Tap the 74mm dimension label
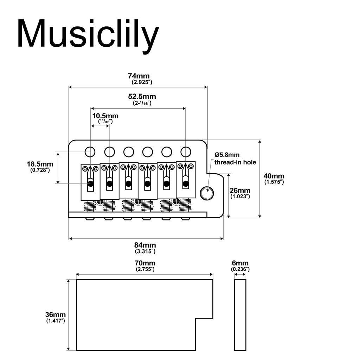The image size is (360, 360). tap(139, 76)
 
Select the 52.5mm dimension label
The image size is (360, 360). tap(142, 96)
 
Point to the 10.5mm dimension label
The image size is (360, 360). tap(105, 116)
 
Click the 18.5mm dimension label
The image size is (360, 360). tap(40, 164)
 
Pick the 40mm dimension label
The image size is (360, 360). tap(274, 176)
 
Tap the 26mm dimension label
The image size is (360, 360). tap(240, 190)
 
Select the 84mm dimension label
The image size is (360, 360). tap(145, 245)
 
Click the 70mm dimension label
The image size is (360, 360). tap(145, 263)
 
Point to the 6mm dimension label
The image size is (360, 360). tap(240, 263)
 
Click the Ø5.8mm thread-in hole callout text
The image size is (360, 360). tap(235, 158)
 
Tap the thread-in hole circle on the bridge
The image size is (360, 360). tap(206, 193)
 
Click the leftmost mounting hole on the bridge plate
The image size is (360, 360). tap(90, 152)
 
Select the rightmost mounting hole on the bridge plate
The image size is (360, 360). tap(185, 152)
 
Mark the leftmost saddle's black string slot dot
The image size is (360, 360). tap(90, 184)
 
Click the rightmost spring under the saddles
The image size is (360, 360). tap(185, 205)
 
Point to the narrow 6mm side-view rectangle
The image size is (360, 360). tap(240, 315)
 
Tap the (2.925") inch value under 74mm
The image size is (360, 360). tap(142, 82)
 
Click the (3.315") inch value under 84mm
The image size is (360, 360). tap(145, 251)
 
